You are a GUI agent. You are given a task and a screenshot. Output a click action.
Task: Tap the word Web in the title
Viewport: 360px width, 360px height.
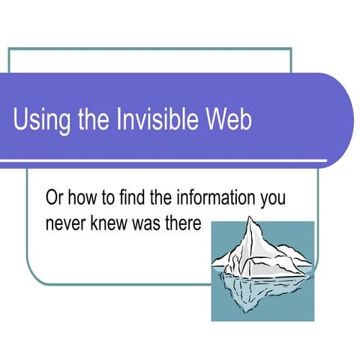[x=232, y=119]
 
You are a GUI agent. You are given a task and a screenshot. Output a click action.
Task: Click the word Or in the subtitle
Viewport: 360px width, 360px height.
[x=55, y=199]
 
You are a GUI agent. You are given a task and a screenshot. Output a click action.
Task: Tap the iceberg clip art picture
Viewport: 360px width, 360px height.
[x=262, y=271]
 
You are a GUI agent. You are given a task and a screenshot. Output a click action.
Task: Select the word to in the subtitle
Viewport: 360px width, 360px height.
[x=112, y=199]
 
